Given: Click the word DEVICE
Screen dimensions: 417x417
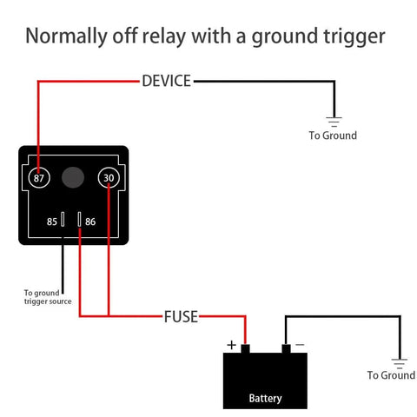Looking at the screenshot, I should [166, 81].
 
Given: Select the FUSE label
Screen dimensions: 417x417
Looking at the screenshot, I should [181, 317].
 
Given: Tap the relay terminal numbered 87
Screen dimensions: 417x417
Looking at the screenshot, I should [38, 177].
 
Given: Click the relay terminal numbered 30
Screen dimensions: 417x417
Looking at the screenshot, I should [109, 177].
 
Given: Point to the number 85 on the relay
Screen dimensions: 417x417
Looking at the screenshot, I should [52, 222].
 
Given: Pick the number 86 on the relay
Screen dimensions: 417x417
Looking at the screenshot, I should [90, 222].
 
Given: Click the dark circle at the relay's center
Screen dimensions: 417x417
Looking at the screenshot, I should [73, 177].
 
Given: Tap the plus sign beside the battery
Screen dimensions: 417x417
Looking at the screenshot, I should [231, 345].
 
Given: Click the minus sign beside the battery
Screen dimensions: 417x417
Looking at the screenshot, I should [300, 345].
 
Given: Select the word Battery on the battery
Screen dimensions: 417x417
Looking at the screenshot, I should [265, 399].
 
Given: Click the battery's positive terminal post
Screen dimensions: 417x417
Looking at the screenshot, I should [246, 349].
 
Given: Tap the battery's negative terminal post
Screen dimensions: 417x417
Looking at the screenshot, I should [285, 349].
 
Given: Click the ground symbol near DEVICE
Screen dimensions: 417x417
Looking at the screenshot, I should [333, 121].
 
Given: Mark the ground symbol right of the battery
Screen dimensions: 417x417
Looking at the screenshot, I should [399, 361].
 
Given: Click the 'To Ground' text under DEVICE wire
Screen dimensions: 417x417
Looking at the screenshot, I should [333, 136].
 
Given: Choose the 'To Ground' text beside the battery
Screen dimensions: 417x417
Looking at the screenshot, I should [391, 375].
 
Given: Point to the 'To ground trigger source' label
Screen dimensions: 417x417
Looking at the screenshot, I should [48, 296].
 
